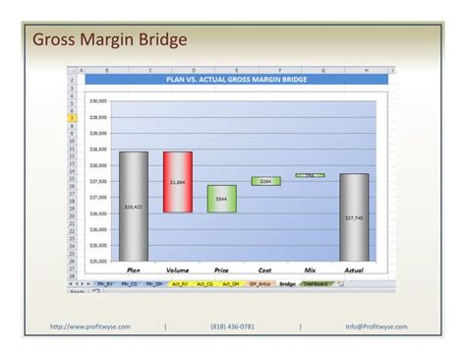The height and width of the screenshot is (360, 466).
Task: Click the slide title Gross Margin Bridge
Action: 109,40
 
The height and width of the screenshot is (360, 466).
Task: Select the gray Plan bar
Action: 133,207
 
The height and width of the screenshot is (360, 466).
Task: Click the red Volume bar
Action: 178,182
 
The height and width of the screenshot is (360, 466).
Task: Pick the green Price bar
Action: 221,199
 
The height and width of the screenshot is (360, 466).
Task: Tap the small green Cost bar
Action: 265,181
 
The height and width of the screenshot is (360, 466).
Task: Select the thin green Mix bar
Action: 310,175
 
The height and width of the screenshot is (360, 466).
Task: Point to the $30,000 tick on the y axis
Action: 98,100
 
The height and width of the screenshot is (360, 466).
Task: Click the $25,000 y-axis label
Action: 98,262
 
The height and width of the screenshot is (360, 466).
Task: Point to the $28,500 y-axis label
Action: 98,150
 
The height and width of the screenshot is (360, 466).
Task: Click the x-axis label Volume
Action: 178,270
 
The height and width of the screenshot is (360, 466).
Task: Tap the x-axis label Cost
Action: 265,270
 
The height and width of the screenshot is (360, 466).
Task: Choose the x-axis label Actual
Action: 354,270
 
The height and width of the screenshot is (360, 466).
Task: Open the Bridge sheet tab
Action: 286,283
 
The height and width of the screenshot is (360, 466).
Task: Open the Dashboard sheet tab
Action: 316,283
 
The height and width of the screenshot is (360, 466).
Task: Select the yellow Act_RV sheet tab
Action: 179,283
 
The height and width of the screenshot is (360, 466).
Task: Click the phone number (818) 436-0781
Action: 232,327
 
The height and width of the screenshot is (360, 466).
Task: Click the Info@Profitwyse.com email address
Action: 377,327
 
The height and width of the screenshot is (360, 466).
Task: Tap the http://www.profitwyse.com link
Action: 90,327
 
